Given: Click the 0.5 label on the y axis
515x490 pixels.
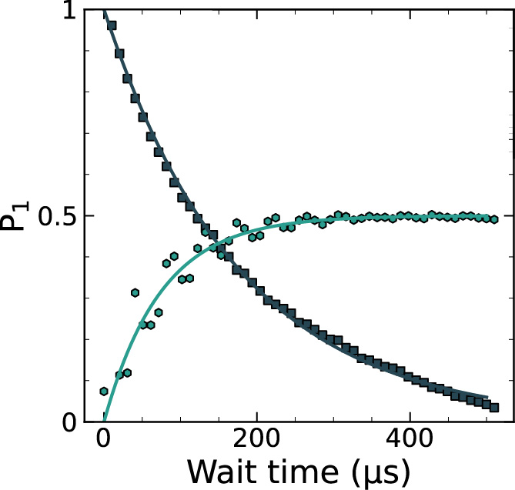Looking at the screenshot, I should [x=54, y=216].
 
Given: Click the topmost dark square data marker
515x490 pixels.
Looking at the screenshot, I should [x=112, y=25].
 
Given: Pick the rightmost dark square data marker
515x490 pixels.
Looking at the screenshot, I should [x=494, y=408].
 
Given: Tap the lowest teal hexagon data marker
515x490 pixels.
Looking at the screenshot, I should [x=104, y=392].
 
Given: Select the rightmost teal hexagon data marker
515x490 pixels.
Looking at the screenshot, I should [x=494, y=219].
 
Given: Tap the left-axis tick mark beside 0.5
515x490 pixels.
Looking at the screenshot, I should [x=89, y=216].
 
